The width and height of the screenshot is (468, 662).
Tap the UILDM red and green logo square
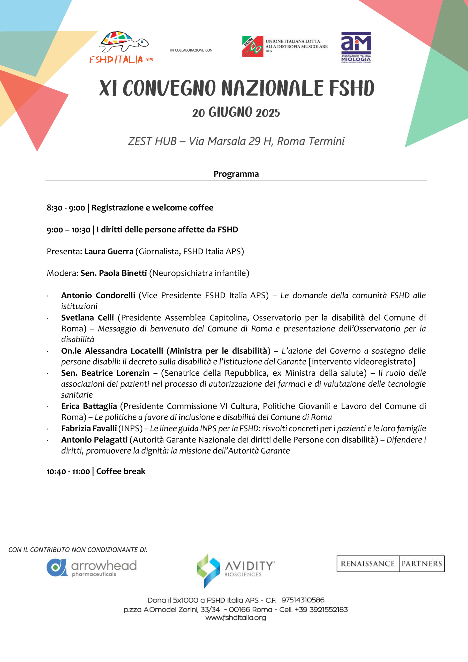252,47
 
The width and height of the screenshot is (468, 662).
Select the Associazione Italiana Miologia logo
356,47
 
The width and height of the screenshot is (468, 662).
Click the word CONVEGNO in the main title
169,88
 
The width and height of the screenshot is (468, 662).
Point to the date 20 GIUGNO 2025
236,112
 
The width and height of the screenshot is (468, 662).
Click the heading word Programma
236,174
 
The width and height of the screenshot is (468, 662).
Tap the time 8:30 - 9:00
66,208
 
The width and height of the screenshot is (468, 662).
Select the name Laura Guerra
109,251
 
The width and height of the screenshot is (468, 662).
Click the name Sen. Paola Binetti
114,273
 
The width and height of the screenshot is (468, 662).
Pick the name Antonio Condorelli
98,295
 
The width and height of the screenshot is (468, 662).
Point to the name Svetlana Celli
87,318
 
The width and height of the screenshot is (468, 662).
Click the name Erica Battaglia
89,406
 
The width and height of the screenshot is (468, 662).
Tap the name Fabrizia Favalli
89,428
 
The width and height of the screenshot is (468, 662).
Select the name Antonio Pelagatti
94,440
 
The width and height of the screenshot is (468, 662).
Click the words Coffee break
120,471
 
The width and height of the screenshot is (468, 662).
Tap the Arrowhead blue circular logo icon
57,567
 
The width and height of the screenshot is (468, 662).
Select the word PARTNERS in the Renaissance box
421,563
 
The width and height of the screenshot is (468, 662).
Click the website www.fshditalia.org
236,618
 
